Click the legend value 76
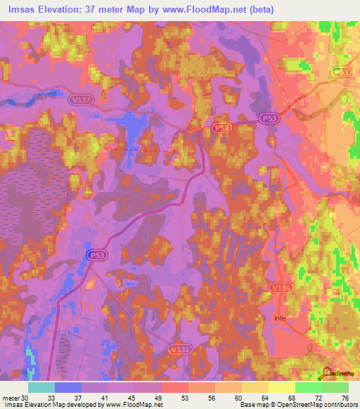click(346, 397)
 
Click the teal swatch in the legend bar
click(41, 387)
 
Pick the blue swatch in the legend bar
click(67, 387)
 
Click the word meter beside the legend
click(11, 397)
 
